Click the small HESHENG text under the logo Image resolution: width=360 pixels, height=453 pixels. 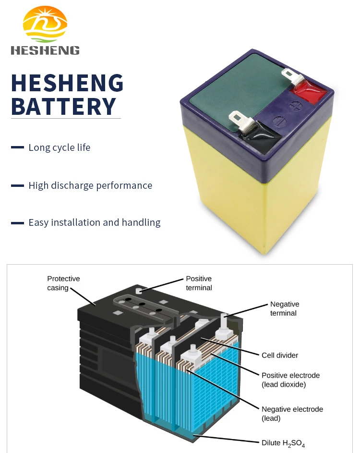45,50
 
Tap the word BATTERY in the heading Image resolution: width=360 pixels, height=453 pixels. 63,106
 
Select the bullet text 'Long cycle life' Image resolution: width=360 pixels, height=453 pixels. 60,147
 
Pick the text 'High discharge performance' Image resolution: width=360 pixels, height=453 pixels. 90,185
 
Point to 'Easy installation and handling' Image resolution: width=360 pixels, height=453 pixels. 95,222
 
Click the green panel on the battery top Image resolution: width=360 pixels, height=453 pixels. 230,91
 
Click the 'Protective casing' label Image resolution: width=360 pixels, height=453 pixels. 63,283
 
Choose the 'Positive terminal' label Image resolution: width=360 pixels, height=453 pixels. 199,283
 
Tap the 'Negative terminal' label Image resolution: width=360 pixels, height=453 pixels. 284,308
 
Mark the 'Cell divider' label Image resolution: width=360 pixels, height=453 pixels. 280,355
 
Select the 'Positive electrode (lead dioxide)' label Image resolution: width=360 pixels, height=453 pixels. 290,380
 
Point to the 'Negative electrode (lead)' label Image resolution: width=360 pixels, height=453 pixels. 292,414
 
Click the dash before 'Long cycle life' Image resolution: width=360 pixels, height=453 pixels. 17,147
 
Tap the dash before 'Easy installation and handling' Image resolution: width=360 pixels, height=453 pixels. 17,223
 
